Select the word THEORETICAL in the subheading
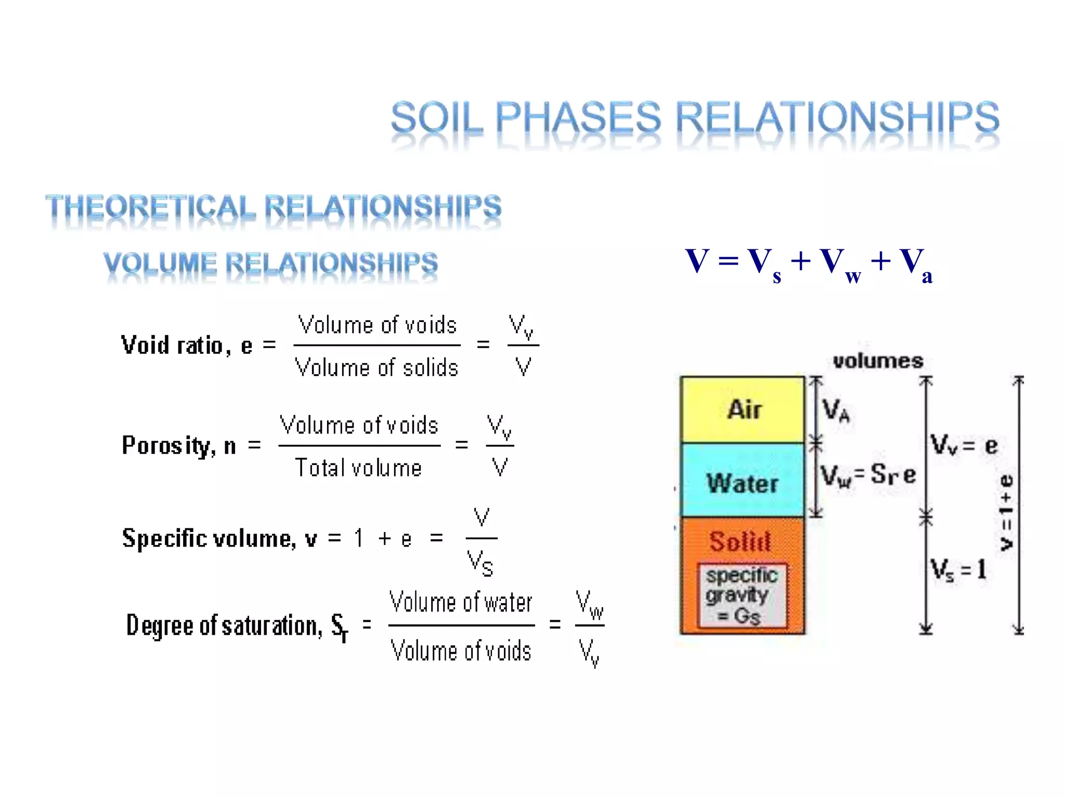151,207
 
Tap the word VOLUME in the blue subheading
160,263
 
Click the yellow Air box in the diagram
743,409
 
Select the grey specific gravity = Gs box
743,595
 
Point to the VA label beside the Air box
836,410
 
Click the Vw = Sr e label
867,475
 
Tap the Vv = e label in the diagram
963,445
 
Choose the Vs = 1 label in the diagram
958,570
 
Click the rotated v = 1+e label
1007,512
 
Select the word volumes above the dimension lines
878,361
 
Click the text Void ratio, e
186,345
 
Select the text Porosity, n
178,445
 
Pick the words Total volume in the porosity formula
358,468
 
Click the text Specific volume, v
218,538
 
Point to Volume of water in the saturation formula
461,603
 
